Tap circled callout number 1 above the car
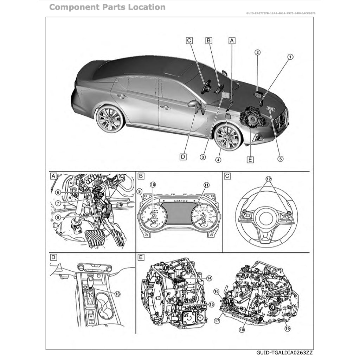[x=290, y=57]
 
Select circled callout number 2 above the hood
[x=257, y=53]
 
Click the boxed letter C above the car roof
[x=189, y=41]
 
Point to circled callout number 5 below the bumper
[x=280, y=159]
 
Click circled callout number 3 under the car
[x=203, y=157]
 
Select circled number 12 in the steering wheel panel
[x=268, y=179]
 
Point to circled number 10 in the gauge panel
[x=153, y=185]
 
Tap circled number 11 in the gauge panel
[x=206, y=185]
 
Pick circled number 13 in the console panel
[x=117, y=294]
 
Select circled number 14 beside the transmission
[x=209, y=278]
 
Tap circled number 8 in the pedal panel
[x=58, y=218]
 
